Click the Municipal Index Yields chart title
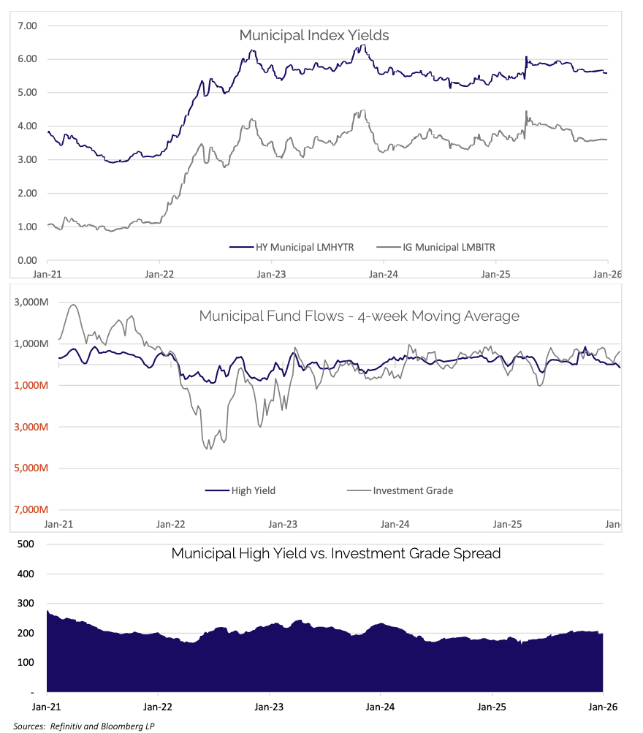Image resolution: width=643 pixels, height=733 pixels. click(x=314, y=35)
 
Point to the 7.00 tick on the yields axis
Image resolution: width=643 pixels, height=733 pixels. click(x=27, y=26)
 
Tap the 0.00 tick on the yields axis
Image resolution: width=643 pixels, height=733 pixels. click(x=27, y=260)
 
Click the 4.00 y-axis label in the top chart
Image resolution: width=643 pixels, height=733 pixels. click(x=27, y=126)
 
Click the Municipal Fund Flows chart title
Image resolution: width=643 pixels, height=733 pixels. click(x=359, y=316)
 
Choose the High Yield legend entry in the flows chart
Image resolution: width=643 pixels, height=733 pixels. click(x=253, y=490)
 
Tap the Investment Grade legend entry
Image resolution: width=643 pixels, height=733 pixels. click(x=413, y=490)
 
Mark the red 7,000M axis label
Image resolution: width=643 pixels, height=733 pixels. click(x=28, y=509)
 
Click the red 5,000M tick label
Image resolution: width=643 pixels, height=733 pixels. click(x=28, y=468)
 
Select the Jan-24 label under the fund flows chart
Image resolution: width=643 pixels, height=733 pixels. click(x=395, y=524)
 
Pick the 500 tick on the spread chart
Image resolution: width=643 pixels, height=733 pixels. click(x=26, y=544)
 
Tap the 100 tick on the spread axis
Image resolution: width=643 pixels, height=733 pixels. click(x=26, y=662)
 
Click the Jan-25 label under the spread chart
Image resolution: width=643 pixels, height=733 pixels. click(x=491, y=707)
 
